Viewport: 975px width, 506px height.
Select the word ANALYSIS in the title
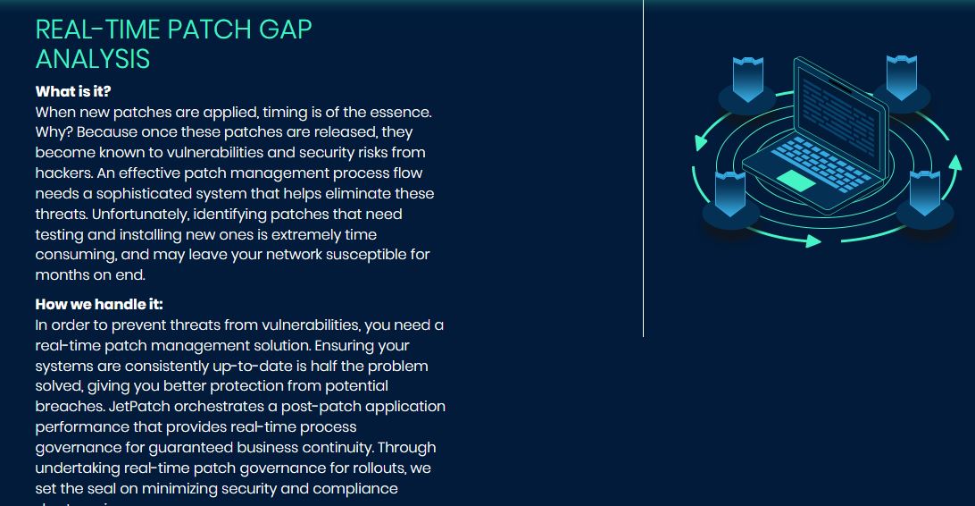(x=92, y=59)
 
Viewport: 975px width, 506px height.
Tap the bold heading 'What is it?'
(x=73, y=91)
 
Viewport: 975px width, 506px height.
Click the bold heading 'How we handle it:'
(x=99, y=305)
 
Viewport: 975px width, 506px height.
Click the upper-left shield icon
(x=747, y=79)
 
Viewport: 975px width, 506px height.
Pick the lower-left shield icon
(x=730, y=194)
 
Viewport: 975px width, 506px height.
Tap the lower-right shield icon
(x=924, y=194)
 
